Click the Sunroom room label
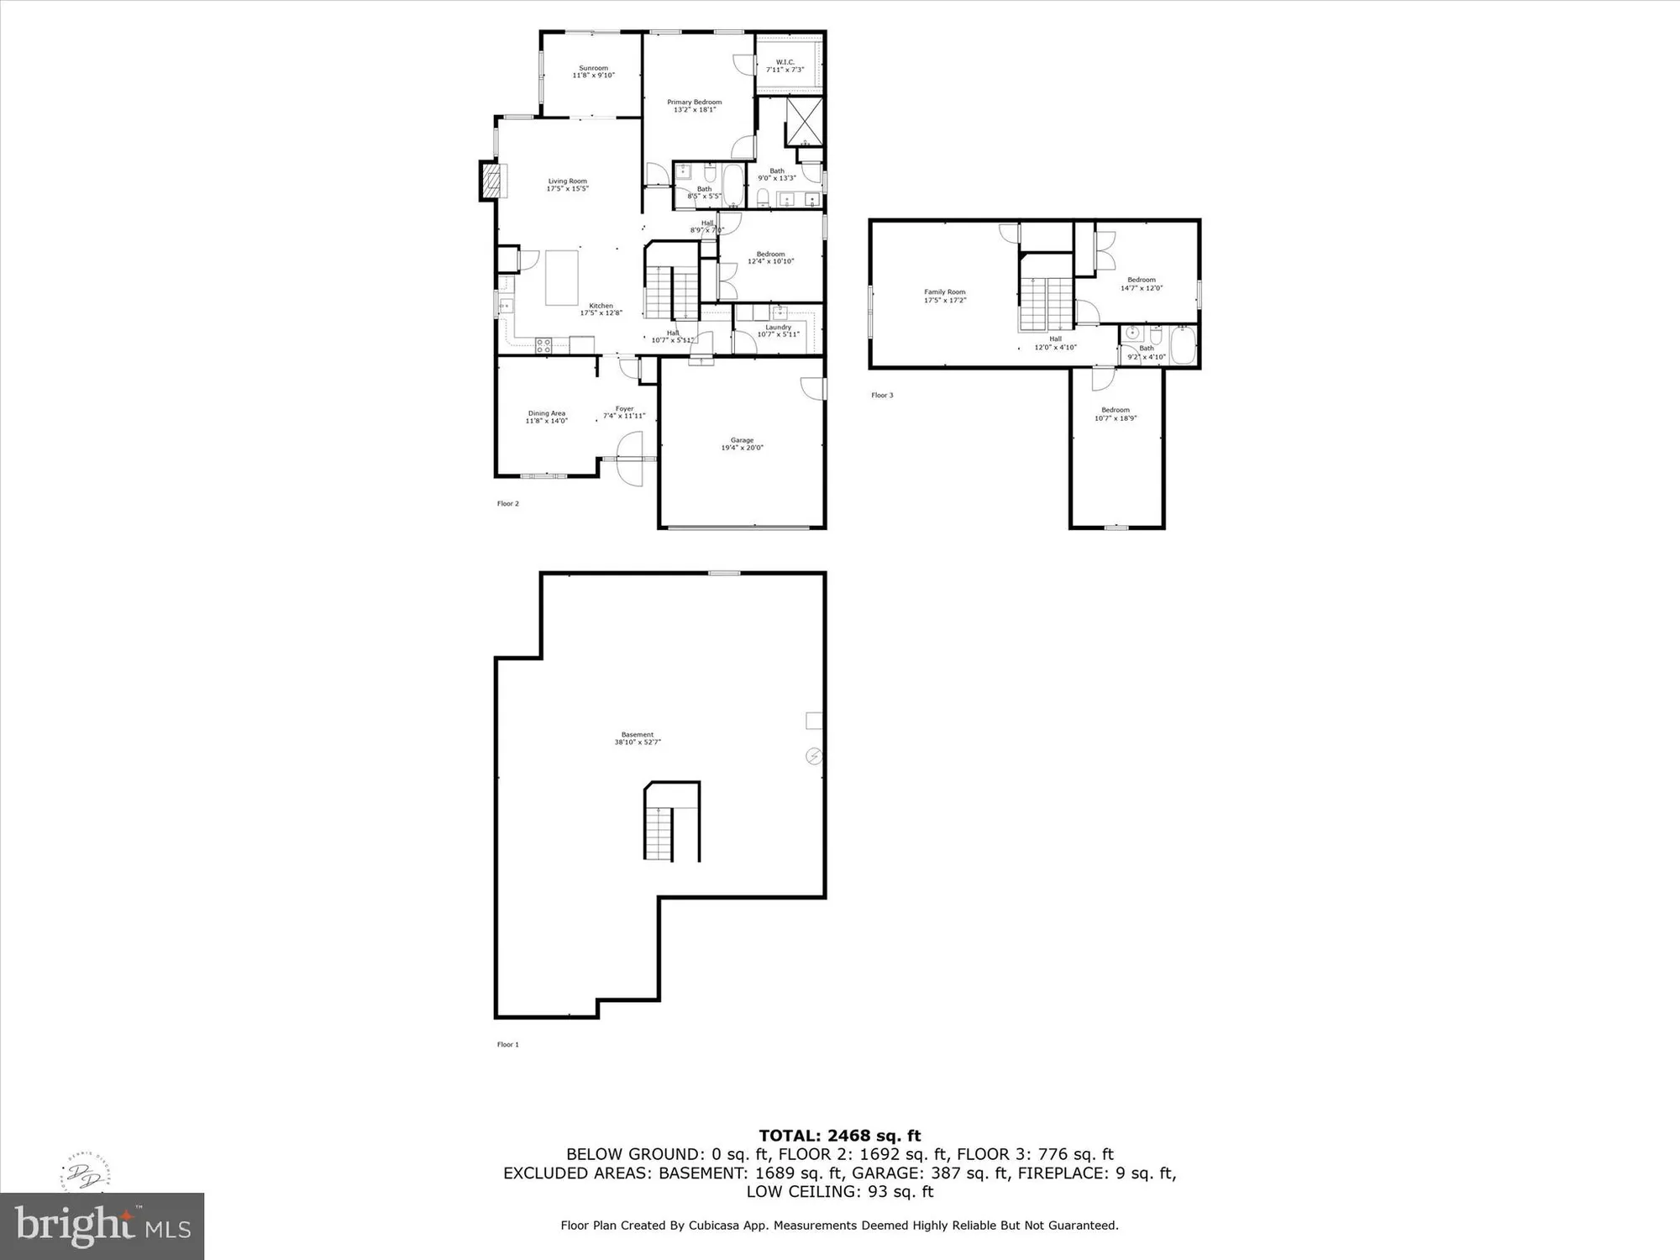pos(593,68)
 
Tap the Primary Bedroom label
pos(694,102)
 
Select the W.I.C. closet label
pos(785,62)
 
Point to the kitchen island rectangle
pos(562,277)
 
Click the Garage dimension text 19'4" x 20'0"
pos(742,448)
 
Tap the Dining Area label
pos(546,413)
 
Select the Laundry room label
pos(778,328)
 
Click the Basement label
pos(637,735)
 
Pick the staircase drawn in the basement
pos(659,833)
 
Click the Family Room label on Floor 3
pos(945,292)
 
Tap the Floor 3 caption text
pos(882,395)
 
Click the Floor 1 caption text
pos(508,1044)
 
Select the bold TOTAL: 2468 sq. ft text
pos(840,1136)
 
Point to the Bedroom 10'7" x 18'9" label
pos(1116,410)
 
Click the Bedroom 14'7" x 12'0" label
pos(1141,280)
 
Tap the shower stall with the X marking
pos(804,120)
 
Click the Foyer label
pos(624,409)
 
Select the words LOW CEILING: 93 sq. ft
pos(840,1191)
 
